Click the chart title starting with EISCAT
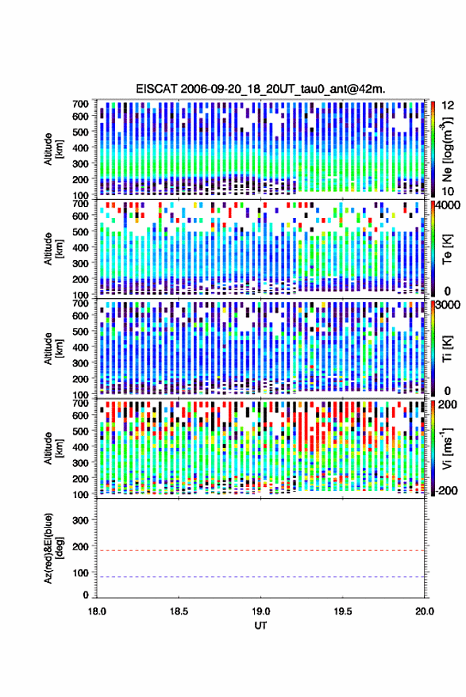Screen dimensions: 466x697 click(260, 89)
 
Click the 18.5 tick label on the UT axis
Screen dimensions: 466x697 click(179, 611)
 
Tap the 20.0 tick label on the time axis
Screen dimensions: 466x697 click(424, 611)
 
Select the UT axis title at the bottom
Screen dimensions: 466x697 click(260, 626)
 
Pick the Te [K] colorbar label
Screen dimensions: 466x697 click(447, 249)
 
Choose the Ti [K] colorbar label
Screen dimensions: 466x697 click(447, 349)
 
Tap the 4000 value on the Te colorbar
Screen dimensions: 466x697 click(449, 206)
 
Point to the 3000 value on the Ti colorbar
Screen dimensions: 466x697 click(449, 306)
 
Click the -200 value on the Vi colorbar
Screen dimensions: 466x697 click(446, 491)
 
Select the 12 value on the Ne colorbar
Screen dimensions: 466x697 click(448, 105)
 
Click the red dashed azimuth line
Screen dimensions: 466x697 click(260, 550)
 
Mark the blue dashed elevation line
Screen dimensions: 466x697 click(260, 577)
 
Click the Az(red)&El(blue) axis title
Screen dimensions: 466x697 click(53, 548)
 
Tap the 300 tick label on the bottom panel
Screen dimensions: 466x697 click(80, 520)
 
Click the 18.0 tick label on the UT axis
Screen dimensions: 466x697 click(97, 611)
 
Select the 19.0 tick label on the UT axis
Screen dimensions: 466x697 click(260, 611)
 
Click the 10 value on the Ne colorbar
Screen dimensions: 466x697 click(448, 192)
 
